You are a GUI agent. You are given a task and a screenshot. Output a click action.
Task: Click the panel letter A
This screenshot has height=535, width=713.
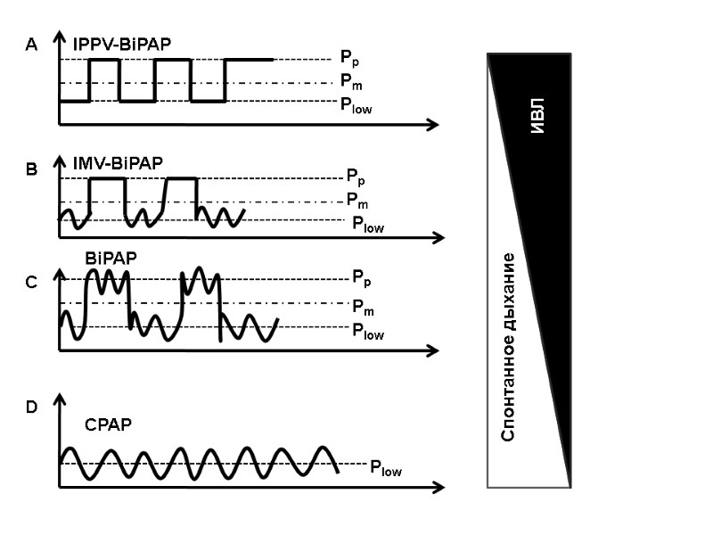[32, 45]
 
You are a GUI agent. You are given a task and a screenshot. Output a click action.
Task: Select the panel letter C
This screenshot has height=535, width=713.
[32, 283]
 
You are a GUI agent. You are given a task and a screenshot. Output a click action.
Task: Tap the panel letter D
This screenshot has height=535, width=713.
[32, 407]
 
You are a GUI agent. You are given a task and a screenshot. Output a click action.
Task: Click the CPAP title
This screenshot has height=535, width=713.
[108, 424]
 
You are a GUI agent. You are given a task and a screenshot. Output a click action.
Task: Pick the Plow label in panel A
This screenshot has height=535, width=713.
[356, 105]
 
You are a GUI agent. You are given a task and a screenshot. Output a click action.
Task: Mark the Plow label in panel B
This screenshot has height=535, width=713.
[367, 226]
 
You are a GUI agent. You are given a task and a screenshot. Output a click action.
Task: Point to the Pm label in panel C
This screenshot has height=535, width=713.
[362, 306]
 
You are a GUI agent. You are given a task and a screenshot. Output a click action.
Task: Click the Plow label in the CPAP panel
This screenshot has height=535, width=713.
[386, 466]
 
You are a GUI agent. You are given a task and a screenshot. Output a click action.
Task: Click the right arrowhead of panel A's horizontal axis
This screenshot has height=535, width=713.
[433, 124]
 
